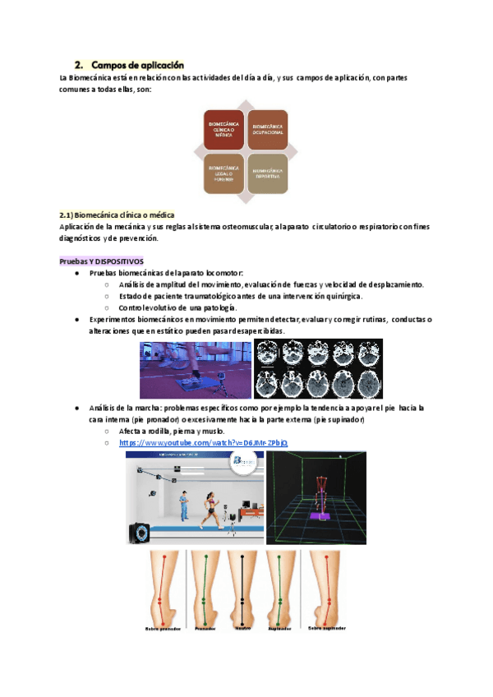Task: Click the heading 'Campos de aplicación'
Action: pyautogui.click(x=137, y=64)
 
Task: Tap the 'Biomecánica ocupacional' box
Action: pyautogui.click(x=268, y=129)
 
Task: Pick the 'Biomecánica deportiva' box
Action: pyautogui.click(x=268, y=173)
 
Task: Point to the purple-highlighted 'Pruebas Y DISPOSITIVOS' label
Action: pyautogui.click(x=102, y=261)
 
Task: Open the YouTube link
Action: pyautogui.click(x=204, y=442)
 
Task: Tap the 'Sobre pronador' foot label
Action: pyautogui.click(x=164, y=628)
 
